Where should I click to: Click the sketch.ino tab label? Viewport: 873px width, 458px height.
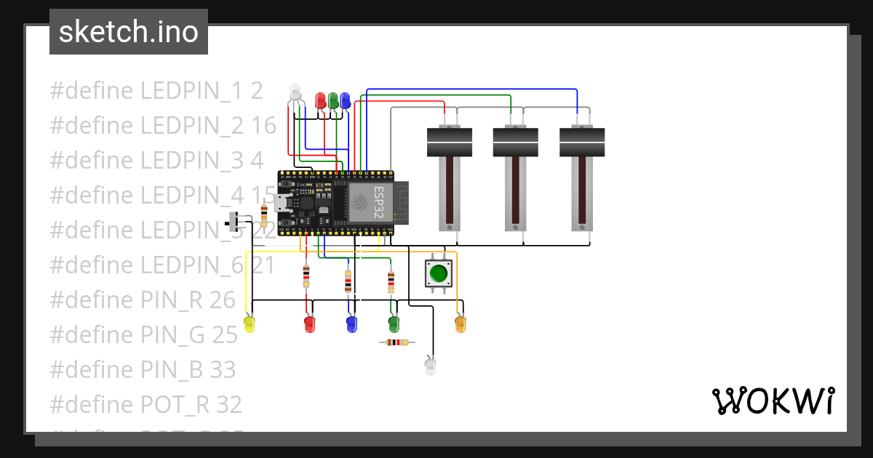pos(129,32)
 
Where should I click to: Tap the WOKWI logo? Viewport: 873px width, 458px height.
pos(773,401)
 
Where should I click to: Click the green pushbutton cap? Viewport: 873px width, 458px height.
pos(438,273)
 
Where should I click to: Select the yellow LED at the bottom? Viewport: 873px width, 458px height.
pos(250,324)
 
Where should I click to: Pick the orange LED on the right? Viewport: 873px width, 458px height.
pos(460,324)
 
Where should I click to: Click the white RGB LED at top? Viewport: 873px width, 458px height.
pos(295,92)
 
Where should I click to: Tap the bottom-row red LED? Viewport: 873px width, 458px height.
pos(309,324)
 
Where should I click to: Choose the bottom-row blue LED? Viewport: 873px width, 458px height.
pos(351,324)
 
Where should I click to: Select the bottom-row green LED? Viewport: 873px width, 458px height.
pos(394,324)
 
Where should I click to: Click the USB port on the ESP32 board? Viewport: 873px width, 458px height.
pos(283,204)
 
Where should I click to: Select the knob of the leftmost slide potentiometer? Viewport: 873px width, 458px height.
pos(450,142)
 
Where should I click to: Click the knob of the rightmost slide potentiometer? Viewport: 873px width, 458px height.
pos(582,142)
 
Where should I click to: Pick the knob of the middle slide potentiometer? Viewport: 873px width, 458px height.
pos(516,142)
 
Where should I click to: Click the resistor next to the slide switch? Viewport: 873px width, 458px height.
pos(263,215)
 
